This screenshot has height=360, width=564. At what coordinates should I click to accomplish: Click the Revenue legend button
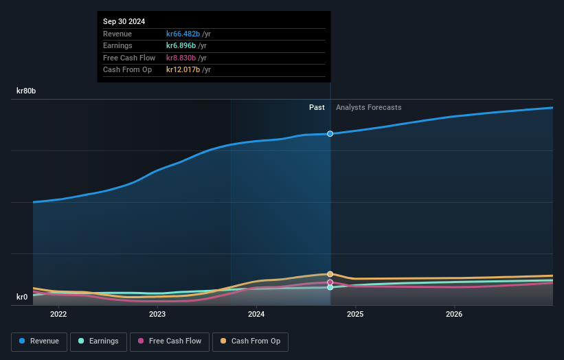(40, 341)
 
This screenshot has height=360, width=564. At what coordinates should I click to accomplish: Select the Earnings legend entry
(98, 341)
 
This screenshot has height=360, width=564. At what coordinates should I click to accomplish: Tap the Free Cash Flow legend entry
(170, 341)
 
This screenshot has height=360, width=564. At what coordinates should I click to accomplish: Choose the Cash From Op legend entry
(250, 341)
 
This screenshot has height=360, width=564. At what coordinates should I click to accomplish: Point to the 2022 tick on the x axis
(58, 315)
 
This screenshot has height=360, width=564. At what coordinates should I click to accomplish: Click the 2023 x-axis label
(157, 315)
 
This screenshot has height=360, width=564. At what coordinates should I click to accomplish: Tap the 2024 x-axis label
(256, 315)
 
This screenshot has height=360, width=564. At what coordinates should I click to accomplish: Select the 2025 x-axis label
(355, 315)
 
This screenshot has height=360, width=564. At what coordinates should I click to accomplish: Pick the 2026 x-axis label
(454, 315)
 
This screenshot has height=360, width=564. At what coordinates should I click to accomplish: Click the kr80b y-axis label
(27, 91)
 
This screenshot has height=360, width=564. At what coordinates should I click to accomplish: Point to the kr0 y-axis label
(22, 297)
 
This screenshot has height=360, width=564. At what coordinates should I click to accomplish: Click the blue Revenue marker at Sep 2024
(330, 133)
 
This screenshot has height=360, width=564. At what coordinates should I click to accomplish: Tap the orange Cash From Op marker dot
(330, 274)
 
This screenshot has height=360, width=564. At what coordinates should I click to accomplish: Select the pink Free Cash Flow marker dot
(330, 282)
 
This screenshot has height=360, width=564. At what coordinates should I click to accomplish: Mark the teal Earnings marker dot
(330, 287)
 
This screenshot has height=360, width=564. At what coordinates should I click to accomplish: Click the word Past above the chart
(317, 107)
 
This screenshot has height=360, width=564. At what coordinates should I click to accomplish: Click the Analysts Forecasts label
(368, 107)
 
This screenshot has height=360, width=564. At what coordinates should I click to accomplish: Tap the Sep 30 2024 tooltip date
(124, 22)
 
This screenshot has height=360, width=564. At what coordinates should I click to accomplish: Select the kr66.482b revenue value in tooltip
(183, 34)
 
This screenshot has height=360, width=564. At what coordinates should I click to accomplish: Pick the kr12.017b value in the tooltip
(183, 69)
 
